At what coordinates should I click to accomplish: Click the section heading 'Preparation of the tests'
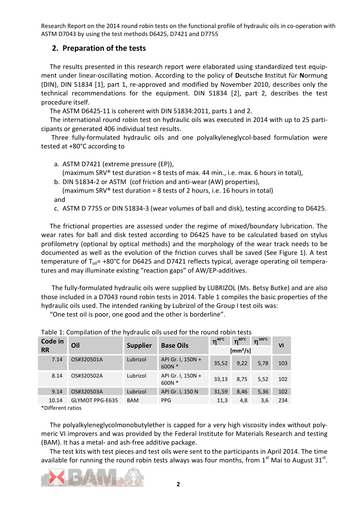pyautogui.click(x=104, y=48)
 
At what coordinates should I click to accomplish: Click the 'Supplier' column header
pyautogui.click(x=139, y=345)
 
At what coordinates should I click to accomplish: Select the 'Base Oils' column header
pyautogui.click(x=175, y=345)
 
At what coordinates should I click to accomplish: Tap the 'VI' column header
pyautogui.click(x=281, y=345)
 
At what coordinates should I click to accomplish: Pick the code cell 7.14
pyautogui.click(x=57, y=359)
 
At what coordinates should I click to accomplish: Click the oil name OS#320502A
pyautogui.click(x=87, y=376)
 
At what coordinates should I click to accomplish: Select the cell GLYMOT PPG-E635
pyautogui.click(x=94, y=400)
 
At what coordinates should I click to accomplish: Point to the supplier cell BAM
pyautogui.click(x=133, y=400)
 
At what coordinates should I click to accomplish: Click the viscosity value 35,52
pyautogui.click(x=221, y=363)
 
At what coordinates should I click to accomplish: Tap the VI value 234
pyautogui.click(x=283, y=400)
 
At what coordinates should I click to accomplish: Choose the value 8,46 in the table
pyautogui.click(x=242, y=392)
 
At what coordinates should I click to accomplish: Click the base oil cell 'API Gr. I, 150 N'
pyautogui.click(x=180, y=392)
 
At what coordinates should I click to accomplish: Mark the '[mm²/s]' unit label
pyautogui.click(x=241, y=351)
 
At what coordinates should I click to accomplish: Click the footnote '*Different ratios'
pyautogui.click(x=61, y=408)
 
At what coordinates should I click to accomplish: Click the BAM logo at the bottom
pyautogui.click(x=92, y=477)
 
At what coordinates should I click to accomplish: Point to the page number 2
pyautogui.click(x=178, y=484)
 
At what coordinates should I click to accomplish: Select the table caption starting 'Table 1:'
pyautogui.click(x=146, y=332)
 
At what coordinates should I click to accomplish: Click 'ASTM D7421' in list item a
pyautogui.click(x=81, y=164)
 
